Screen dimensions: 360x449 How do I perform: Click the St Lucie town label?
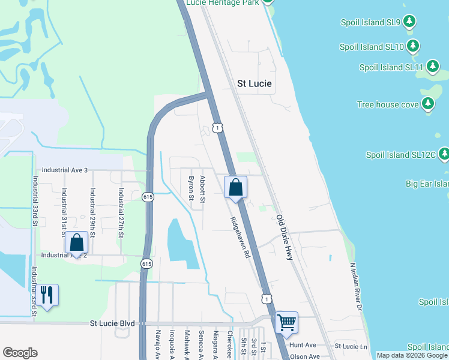coord(255,84)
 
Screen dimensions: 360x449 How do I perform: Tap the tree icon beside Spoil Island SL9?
coord(409,22)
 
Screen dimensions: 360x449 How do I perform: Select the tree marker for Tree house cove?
coord(427,104)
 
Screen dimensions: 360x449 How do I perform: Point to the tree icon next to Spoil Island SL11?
coord(432,67)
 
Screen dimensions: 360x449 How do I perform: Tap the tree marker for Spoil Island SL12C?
coord(444,155)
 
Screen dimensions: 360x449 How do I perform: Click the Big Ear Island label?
coord(427,183)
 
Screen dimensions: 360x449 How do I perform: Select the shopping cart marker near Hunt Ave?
coord(286,322)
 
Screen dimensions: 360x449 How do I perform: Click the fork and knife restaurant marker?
coord(47,295)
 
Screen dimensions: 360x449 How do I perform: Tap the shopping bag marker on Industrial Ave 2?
coord(77,243)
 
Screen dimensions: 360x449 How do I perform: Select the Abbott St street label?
coord(203,190)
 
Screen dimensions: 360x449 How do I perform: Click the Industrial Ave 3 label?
coord(60,170)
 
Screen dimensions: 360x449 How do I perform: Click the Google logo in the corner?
coord(20,353)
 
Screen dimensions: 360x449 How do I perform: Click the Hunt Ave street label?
coord(303,345)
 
